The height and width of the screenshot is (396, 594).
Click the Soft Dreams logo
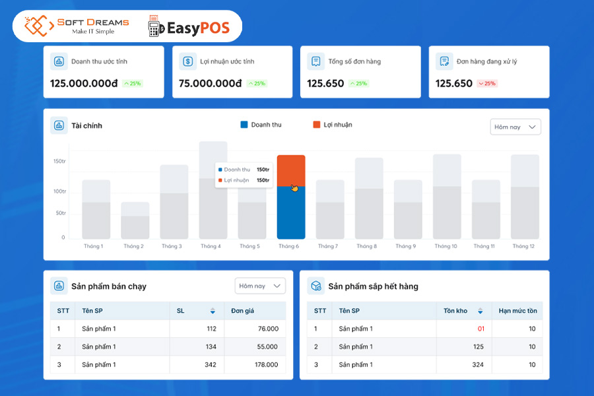(x=76, y=26)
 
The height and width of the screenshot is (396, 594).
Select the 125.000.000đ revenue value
(x=84, y=84)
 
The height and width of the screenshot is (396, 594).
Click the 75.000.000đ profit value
(x=211, y=84)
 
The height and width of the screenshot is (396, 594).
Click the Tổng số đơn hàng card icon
(x=316, y=61)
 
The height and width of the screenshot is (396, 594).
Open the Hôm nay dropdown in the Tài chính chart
(x=515, y=127)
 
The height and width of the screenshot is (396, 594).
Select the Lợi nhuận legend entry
(x=333, y=125)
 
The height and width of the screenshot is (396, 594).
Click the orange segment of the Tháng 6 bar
(x=290, y=170)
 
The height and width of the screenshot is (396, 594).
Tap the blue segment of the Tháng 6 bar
(x=290, y=213)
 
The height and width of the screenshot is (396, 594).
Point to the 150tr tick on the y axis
(x=59, y=161)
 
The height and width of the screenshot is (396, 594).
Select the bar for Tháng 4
(x=213, y=190)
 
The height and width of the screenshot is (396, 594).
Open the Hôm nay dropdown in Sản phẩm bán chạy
(x=260, y=286)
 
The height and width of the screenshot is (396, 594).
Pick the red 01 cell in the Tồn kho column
(x=480, y=329)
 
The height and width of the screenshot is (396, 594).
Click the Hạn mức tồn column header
(x=517, y=311)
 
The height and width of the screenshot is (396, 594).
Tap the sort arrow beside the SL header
(x=213, y=312)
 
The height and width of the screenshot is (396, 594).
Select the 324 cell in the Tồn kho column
(x=478, y=364)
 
